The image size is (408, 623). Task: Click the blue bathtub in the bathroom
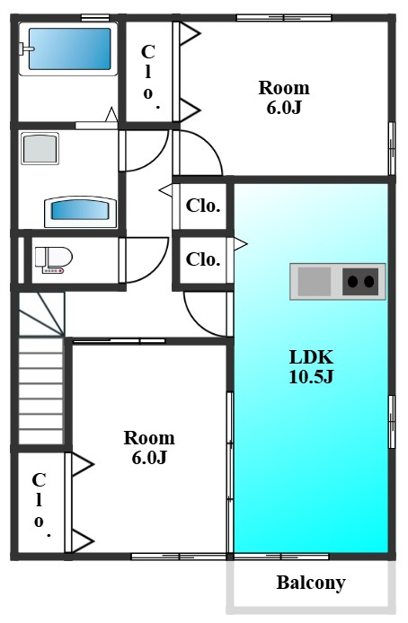69,48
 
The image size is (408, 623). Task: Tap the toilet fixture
54,259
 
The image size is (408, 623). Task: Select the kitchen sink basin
315,281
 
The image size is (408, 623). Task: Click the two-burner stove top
360,281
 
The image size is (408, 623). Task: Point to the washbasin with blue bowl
80,211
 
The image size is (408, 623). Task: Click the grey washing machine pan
40,149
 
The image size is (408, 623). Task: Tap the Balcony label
311,583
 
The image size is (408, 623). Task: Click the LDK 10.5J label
311,366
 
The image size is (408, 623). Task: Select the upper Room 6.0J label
284,97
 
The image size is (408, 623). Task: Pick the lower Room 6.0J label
149,447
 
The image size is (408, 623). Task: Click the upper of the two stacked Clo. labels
203,206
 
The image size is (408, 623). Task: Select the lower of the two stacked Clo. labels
203,259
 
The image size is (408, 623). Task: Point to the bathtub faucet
26,48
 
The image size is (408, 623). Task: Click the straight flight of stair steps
41,390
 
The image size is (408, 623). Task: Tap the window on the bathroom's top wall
95,17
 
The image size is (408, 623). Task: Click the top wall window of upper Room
284,17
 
